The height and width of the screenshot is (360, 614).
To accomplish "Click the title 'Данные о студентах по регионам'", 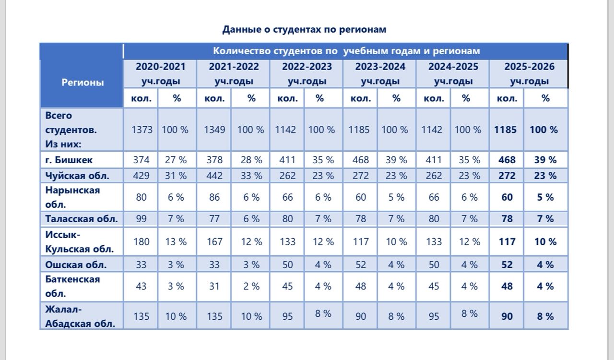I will [x=304, y=29].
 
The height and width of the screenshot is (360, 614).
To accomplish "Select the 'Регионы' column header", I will [x=83, y=82].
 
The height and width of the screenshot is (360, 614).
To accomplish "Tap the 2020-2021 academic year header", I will [x=160, y=73].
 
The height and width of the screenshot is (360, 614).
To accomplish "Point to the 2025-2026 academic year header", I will [x=529, y=73].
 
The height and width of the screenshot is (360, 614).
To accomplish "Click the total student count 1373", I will [x=142, y=130].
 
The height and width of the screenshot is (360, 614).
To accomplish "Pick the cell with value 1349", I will [x=214, y=130].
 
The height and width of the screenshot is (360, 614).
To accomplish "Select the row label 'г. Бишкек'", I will [x=69, y=160].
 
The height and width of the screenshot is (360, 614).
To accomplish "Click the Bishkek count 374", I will [x=142, y=160].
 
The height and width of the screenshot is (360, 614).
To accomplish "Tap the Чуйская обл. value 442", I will [x=214, y=176].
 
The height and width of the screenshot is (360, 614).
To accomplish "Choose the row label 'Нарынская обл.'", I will [x=73, y=197].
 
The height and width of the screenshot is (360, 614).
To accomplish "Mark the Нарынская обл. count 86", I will [x=214, y=197].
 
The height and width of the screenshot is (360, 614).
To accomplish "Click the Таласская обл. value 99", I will [x=142, y=219].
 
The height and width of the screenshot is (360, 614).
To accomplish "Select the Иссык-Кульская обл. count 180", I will [x=142, y=241].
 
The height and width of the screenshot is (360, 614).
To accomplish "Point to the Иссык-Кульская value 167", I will [x=214, y=241].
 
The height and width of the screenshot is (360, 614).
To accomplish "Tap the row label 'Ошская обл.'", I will [x=76, y=264].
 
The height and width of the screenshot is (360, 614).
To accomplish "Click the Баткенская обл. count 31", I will [x=214, y=286].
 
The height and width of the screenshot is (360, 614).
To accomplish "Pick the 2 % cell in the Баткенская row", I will [x=251, y=286].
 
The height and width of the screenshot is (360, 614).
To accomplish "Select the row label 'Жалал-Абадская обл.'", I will [x=80, y=316].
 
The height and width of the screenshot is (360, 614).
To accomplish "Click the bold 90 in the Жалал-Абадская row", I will [x=507, y=316].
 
